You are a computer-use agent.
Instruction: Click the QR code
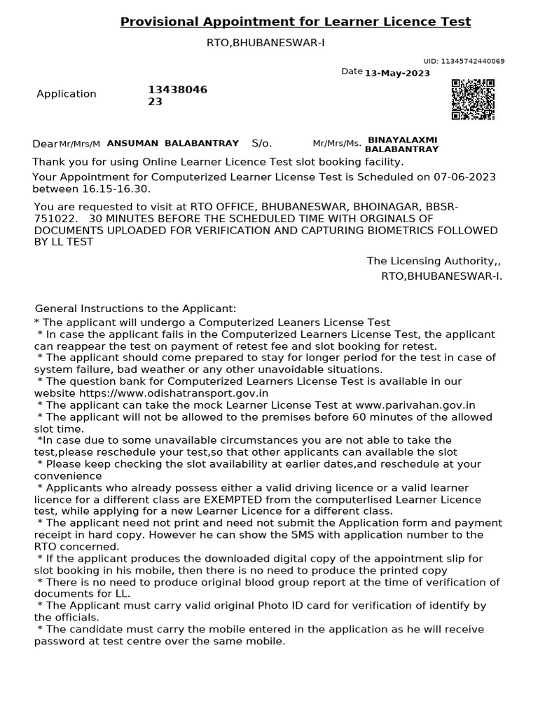click(472, 100)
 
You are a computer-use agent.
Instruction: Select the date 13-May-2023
click(398, 73)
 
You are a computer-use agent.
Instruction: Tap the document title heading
click(296, 22)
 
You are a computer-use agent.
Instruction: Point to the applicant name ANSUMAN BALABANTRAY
click(172, 143)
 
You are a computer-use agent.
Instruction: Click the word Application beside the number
click(67, 94)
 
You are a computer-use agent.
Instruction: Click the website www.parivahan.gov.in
click(415, 405)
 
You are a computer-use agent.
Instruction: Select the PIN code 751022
click(51, 219)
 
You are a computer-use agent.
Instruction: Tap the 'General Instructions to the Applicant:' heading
click(136, 309)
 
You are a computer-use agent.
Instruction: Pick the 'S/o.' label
click(261, 143)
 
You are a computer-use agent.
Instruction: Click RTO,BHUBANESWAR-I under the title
click(265, 43)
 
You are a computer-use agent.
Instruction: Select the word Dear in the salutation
click(45, 144)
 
